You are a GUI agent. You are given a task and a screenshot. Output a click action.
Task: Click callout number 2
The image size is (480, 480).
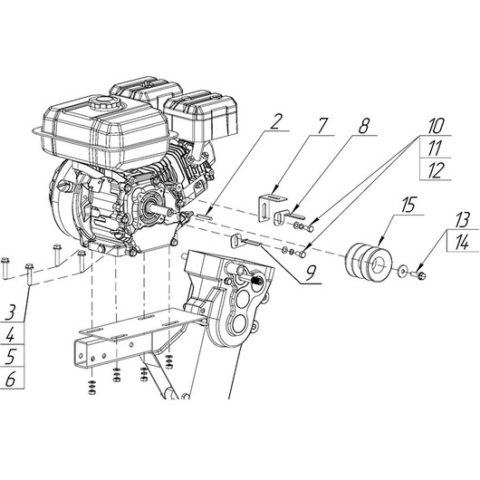[x=275, y=122]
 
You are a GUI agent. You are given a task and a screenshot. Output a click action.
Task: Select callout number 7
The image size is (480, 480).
[x=322, y=126]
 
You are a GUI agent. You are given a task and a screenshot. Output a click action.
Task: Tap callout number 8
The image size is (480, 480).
[x=364, y=126]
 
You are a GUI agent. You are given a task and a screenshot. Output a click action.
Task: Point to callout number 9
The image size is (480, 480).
[x=311, y=274]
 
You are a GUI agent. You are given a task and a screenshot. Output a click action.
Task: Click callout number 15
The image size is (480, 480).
[x=409, y=205]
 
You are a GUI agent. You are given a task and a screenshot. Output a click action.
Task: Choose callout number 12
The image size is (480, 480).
[x=435, y=169]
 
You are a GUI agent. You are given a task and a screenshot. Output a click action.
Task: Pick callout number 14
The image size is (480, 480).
[x=462, y=243]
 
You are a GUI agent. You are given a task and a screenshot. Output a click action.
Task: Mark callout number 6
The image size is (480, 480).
[x=11, y=379]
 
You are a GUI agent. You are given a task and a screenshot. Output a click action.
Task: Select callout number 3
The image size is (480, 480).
[x=10, y=313]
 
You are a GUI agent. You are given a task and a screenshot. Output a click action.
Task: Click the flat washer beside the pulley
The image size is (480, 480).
[x=402, y=271]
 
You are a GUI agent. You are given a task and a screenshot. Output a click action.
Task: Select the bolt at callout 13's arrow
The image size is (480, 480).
[x=419, y=275]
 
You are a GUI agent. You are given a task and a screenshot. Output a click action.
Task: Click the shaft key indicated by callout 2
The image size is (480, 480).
[x=204, y=216]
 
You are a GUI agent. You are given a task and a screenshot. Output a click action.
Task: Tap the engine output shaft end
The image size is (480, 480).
[x=169, y=212]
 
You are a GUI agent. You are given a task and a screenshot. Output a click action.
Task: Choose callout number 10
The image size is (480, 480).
[x=435, y=126]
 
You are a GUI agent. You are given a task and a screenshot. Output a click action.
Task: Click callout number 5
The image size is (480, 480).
[x=11, y=358]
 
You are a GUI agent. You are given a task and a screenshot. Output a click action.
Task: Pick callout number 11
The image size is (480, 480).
[x=435, y=148]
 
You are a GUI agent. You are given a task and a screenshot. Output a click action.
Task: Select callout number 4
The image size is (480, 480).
[x=11, y=335]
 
